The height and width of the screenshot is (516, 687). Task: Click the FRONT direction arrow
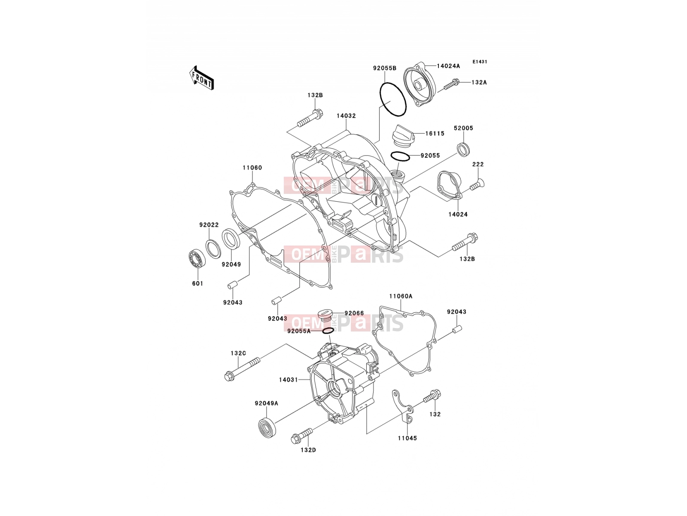pos(201,78)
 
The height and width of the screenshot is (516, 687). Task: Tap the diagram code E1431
pos(480,62)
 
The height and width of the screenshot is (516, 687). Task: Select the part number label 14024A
pos(449,66)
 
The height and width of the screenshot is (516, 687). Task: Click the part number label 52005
pos(464,128)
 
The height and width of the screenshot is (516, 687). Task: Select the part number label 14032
pos(346,116)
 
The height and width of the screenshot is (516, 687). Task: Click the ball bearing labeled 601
pos(197,259)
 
